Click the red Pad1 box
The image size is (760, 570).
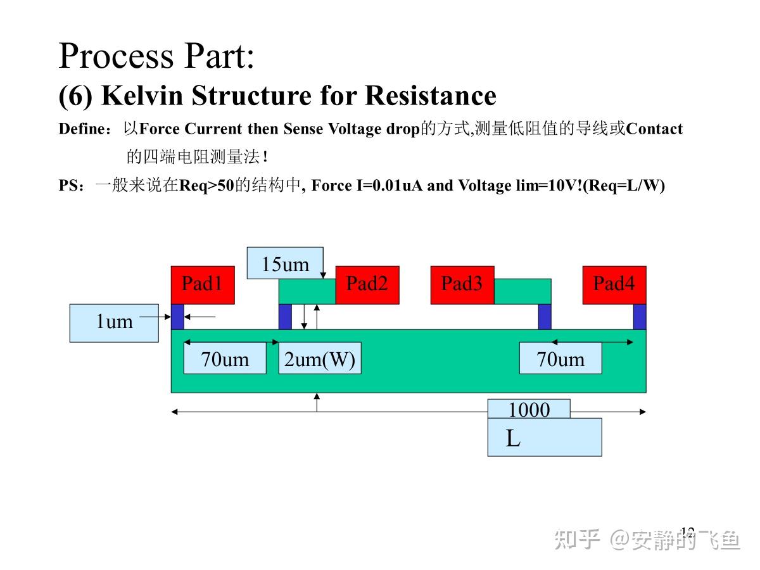[x=203, y=285]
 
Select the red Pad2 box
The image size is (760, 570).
[x=367, y=285]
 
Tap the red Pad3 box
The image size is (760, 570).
[x=462, y=285]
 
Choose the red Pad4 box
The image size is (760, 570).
[x=614, y=285]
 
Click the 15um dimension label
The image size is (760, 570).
[x=285, y=263]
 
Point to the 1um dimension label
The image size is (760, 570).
[x=114, y=323]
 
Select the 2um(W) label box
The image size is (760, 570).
[x=320, y=358]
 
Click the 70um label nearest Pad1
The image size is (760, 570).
[x=225, y=358]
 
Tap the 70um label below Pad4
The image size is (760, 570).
[x=560, y=358]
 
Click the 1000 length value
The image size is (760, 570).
[x=529, y=409]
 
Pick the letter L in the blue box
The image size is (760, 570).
[x=513, y=438]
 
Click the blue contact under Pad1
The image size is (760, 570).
[x=177, y=317]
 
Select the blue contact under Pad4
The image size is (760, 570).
[x=640, y=317]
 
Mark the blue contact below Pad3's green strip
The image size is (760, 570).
[x=545, y=317]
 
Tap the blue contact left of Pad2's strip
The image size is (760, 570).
[x=285, y=317]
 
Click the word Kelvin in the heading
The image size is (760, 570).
[x=142, y=95]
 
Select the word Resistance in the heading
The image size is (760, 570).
[x=431, y=95]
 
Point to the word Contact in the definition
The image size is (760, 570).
[x=654, y=129]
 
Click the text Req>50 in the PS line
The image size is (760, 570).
[x=207, y=186]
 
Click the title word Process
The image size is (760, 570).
[x=116, y=55]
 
